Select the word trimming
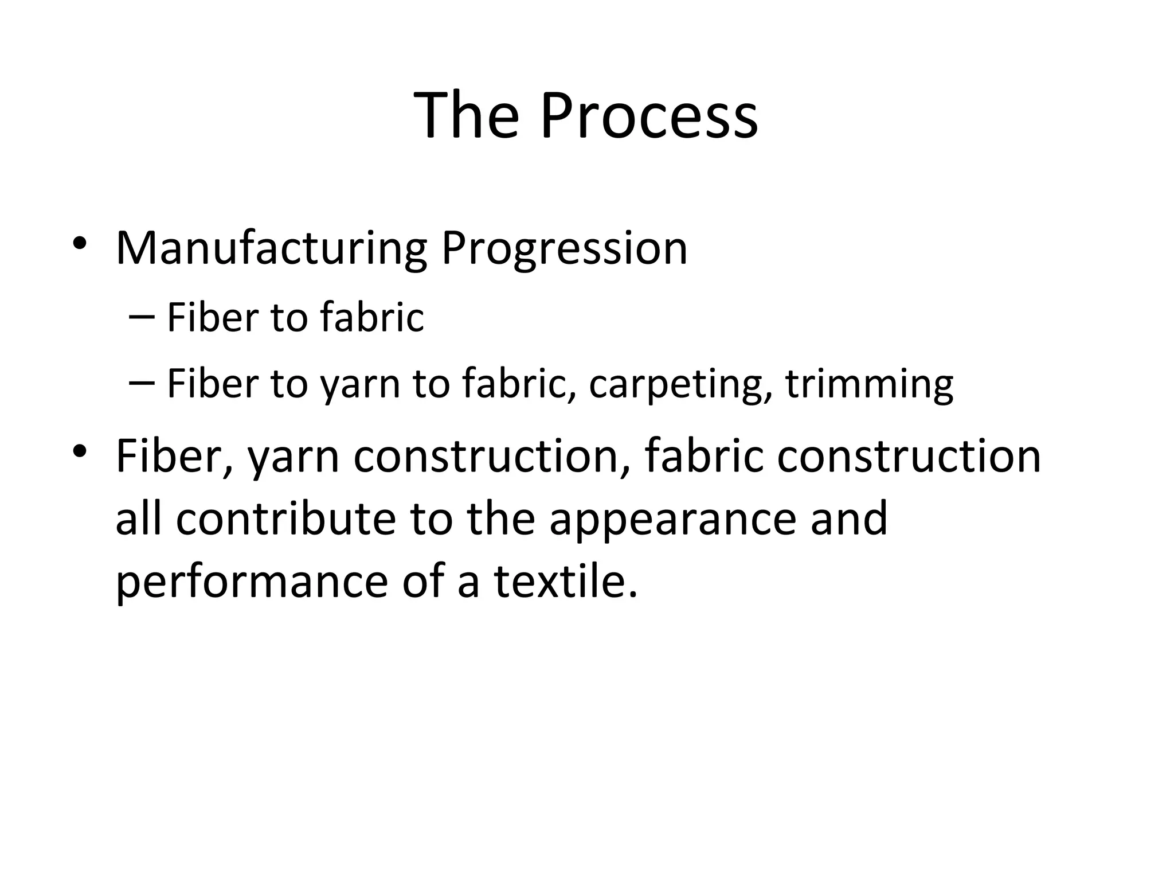869,384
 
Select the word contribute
285,519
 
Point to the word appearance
672,519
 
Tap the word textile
565,581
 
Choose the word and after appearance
848,519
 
